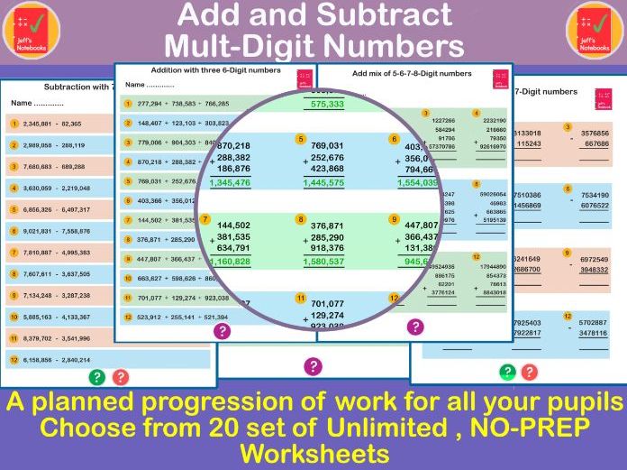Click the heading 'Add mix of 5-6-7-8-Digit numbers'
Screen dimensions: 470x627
[x=411, y=73]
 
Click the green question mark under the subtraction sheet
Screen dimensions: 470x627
[x=97, y=377]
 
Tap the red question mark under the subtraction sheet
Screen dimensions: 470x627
[x=120, y=377]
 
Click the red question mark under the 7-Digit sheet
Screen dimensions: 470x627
[x=530, y=371]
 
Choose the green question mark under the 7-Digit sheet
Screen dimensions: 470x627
[x=508, y=371]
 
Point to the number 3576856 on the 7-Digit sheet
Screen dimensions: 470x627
[x=595, y=134]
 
